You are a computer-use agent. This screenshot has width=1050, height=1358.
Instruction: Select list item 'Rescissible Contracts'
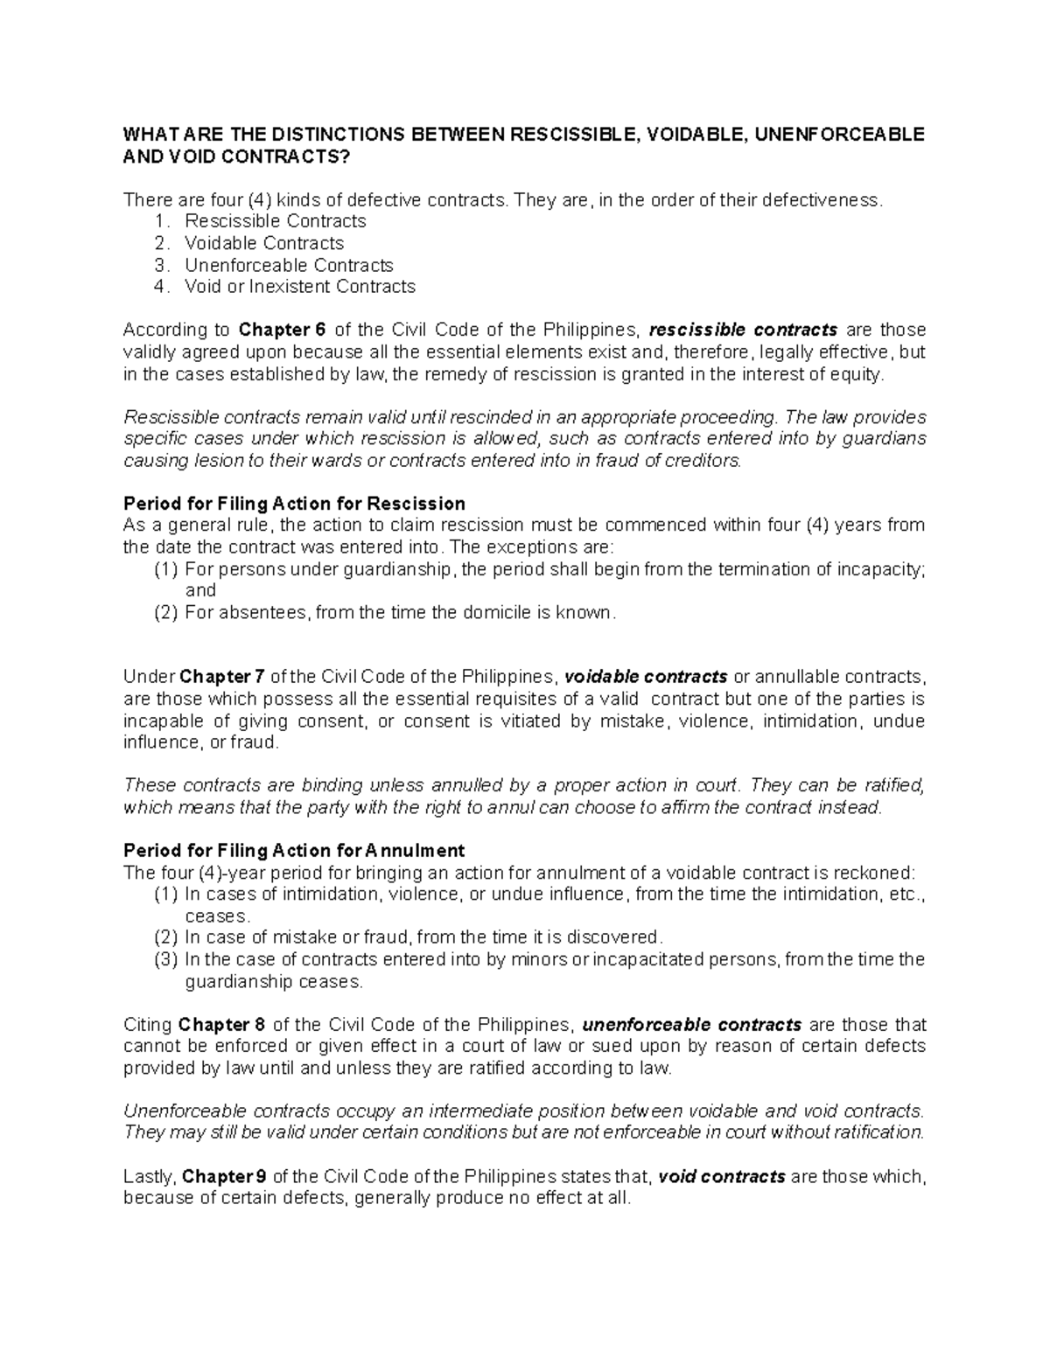[275, 221]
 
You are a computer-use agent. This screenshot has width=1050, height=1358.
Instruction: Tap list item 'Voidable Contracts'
[263, 243]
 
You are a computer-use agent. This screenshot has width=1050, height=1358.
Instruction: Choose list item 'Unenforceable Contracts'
[289, 265]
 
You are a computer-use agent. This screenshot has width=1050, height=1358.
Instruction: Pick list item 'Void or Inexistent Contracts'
[299, 287]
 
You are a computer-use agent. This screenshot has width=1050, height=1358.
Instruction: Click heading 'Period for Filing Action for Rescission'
[294, 504]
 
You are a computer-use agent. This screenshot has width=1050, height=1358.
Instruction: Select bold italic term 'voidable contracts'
[647, 678]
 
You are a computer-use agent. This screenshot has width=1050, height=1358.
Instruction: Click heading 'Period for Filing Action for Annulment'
[294, 851]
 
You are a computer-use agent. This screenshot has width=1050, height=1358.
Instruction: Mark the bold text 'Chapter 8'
[220, 1025]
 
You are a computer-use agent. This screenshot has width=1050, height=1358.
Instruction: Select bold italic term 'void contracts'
[722, 1177]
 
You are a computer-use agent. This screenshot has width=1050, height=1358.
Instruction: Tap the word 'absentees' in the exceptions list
[262, 613]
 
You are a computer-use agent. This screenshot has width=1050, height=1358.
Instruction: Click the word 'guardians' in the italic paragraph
[884, 439]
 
